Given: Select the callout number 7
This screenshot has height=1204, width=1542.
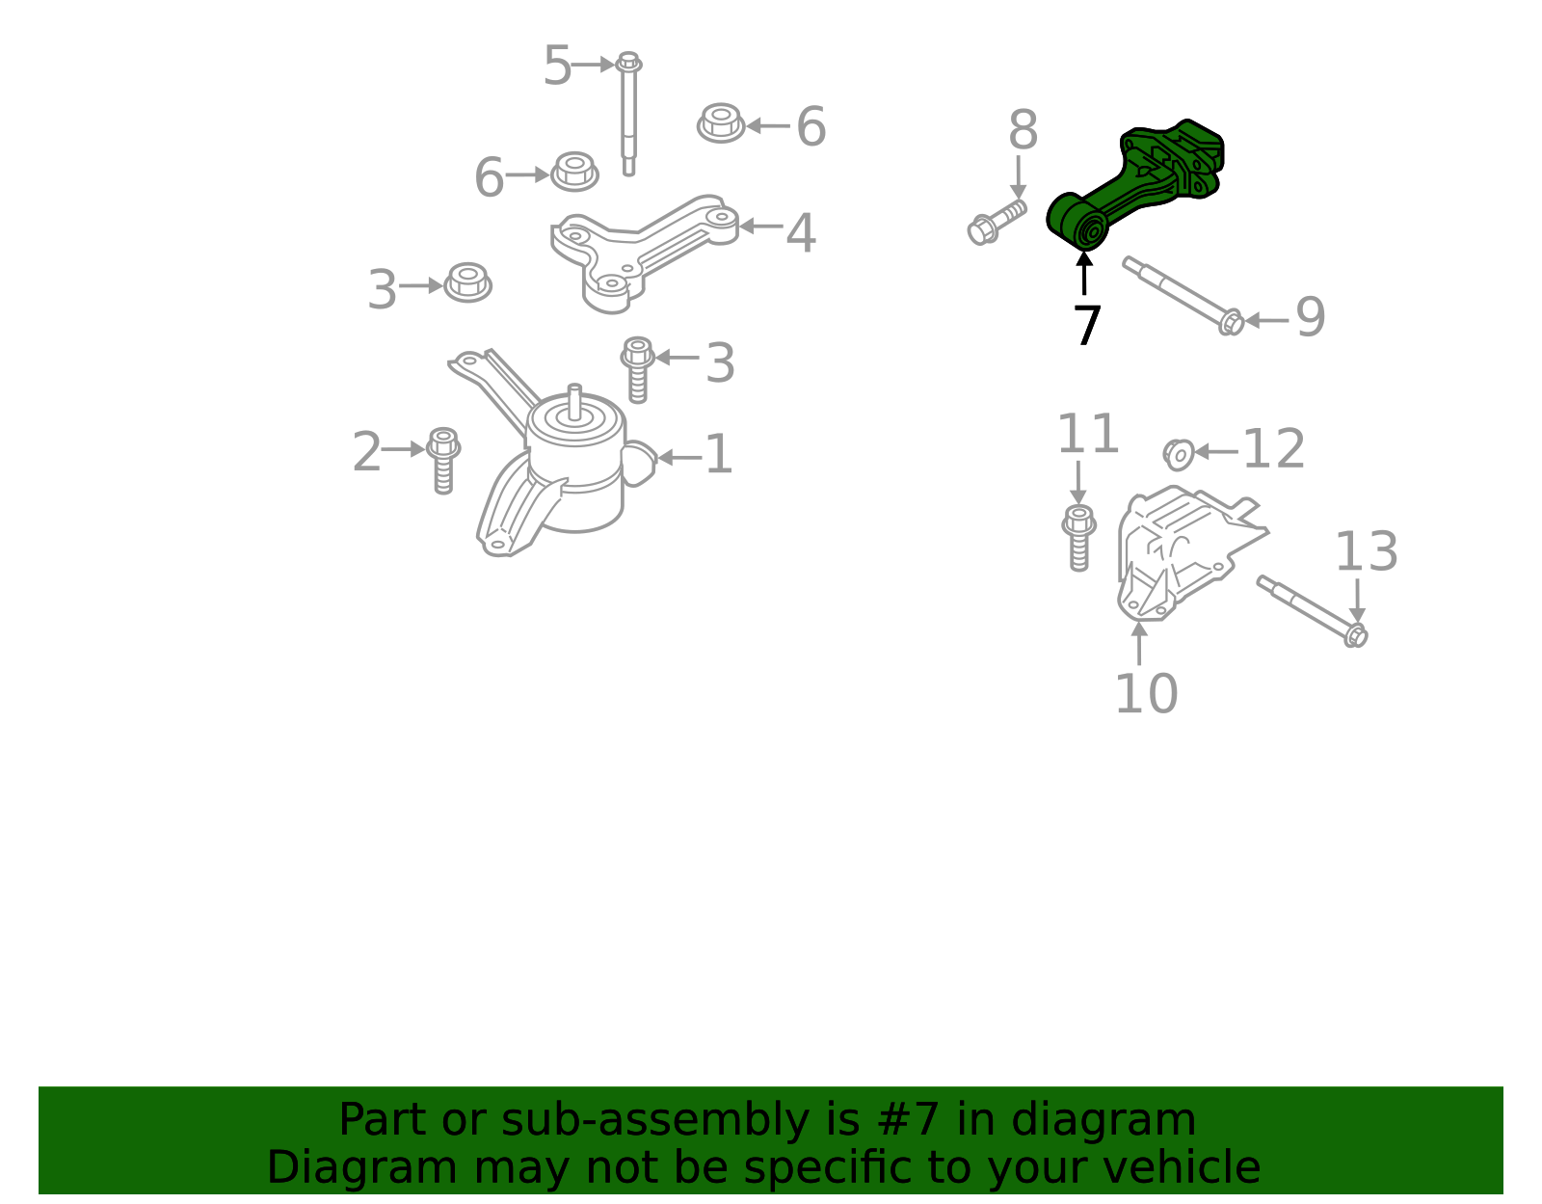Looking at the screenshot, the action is (1086, 326).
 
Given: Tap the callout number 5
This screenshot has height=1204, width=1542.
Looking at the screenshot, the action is (557, 66).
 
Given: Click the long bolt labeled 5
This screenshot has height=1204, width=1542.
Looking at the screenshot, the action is (628, 114).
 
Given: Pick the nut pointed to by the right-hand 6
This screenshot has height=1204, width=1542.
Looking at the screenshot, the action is (720, 122).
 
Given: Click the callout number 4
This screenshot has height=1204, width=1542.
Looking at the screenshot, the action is (801, 232).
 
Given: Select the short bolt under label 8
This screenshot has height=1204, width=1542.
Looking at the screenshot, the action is (996, 223).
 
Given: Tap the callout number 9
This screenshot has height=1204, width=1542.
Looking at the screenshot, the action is (1310, 317).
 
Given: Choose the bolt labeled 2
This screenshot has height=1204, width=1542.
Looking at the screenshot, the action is (443, 461).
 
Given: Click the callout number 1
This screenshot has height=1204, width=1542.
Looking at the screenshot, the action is (718, 454).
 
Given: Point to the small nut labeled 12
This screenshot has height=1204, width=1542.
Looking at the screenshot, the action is (1178, 455).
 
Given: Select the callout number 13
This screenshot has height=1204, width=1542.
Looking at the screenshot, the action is (1366, 551).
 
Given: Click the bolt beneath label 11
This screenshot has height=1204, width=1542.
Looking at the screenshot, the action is (1078, 538).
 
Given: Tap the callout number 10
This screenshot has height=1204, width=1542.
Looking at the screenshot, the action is (1147, 693).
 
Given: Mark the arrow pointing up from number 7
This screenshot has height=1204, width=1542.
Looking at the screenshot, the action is (1083, 273).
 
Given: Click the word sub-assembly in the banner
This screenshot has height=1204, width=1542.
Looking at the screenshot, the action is (655, 1119).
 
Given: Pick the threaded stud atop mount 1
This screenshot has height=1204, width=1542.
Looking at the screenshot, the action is (574, 402).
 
